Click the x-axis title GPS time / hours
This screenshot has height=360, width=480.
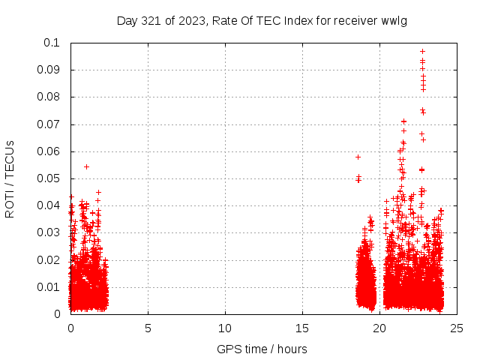pyautogui.click(x=262, y=349)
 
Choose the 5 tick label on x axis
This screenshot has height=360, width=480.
pyautogui.click(x=148, y=328)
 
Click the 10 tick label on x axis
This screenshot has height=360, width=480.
pyautogui.click(x=225, y=328)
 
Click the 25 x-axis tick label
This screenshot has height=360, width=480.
pyautogui.click(x=457, y=328)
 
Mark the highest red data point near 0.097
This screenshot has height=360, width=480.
pyautogui.click(x=423, y=52)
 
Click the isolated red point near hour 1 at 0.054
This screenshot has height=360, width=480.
pyautogui.click(x=87, y=166)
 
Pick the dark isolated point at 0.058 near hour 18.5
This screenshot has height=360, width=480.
pyautogui.click(x=358, y=157)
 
